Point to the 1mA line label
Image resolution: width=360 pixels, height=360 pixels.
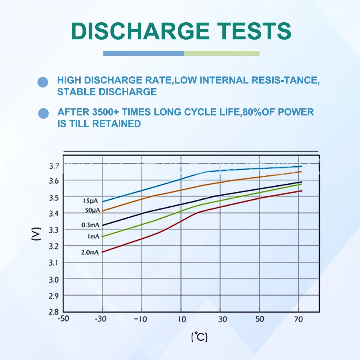pos(93,237)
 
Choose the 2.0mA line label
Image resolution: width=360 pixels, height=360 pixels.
pos(90,252)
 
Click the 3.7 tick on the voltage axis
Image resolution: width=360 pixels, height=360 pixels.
pos(54,166)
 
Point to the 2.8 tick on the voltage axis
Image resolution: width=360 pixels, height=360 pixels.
pos(54,312)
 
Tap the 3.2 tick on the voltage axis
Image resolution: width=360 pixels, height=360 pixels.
pos(54,246)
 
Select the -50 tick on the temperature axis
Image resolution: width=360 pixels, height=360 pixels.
pos(63,319)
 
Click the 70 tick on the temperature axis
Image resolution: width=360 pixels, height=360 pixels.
pos(298,319)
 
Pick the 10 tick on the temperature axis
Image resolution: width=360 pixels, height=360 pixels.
pos(181,319)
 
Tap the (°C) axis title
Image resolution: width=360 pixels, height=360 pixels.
pos(199,337)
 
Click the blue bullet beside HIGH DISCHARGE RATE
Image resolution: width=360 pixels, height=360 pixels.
pos(43,82)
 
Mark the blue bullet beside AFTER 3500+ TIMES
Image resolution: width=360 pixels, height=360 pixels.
pos(44,114)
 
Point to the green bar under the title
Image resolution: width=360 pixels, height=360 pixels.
pos(221,53)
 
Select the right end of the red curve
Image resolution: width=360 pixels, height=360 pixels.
pos(301,191)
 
